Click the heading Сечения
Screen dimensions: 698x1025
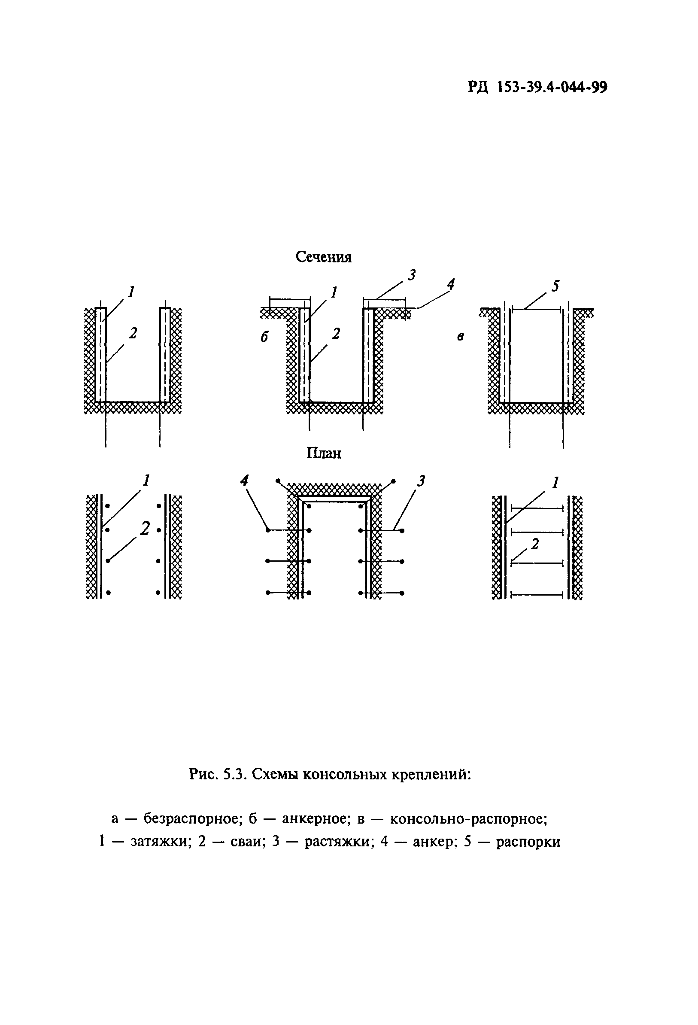[323, 257]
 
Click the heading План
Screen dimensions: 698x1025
[324, 453]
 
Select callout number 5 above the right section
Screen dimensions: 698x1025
[555, 286]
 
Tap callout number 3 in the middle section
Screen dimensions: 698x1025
[411, 275]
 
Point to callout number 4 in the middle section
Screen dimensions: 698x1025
[450, 284]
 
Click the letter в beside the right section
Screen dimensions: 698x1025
[460, 337]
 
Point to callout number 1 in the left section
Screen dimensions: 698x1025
[131, 292]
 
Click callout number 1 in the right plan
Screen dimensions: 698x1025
[555, 483]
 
